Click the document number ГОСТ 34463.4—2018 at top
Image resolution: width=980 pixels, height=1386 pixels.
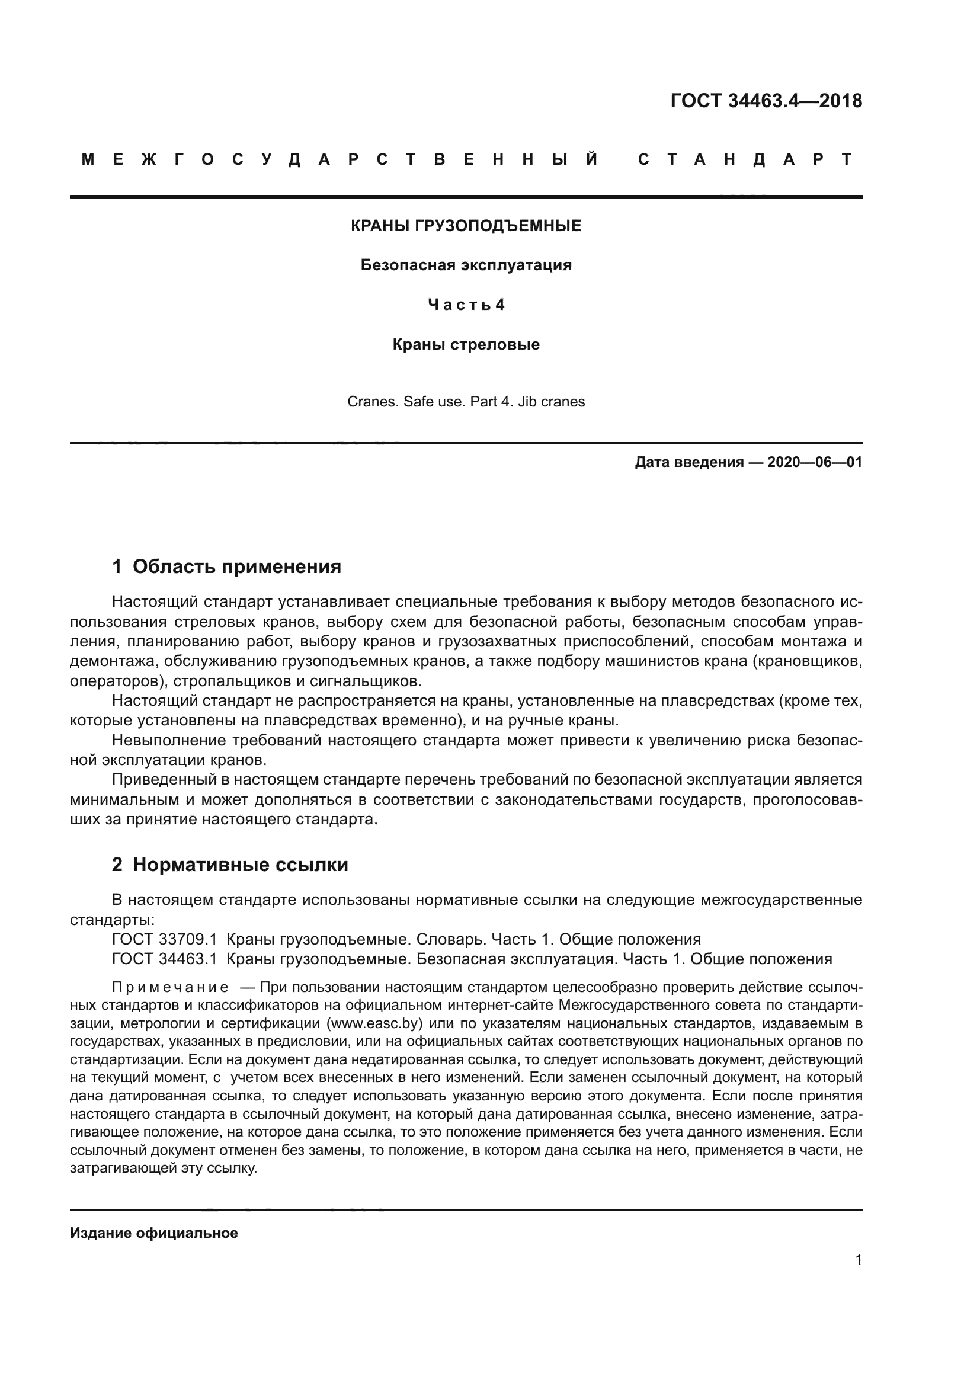pos(766,101)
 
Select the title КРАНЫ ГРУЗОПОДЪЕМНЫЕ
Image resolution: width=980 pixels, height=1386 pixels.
pos(466,226)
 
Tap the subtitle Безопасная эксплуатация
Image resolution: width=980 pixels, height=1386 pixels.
pos(466,265)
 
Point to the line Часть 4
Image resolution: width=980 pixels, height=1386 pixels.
pos(466,305)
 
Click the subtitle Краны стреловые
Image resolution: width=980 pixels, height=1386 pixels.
pos(466,345)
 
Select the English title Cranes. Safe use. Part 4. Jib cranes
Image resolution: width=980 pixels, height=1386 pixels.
pos(466,402)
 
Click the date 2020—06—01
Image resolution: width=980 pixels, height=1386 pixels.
pos(814,463)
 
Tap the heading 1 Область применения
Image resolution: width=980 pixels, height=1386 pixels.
pos(226,567)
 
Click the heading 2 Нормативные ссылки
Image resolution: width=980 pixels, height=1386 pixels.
pos(230,865)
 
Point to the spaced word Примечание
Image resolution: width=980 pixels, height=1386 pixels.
pos(170,988)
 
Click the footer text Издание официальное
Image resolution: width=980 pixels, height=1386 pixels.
pos(154,1233)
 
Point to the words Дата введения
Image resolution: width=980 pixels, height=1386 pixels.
pos(689,463)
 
